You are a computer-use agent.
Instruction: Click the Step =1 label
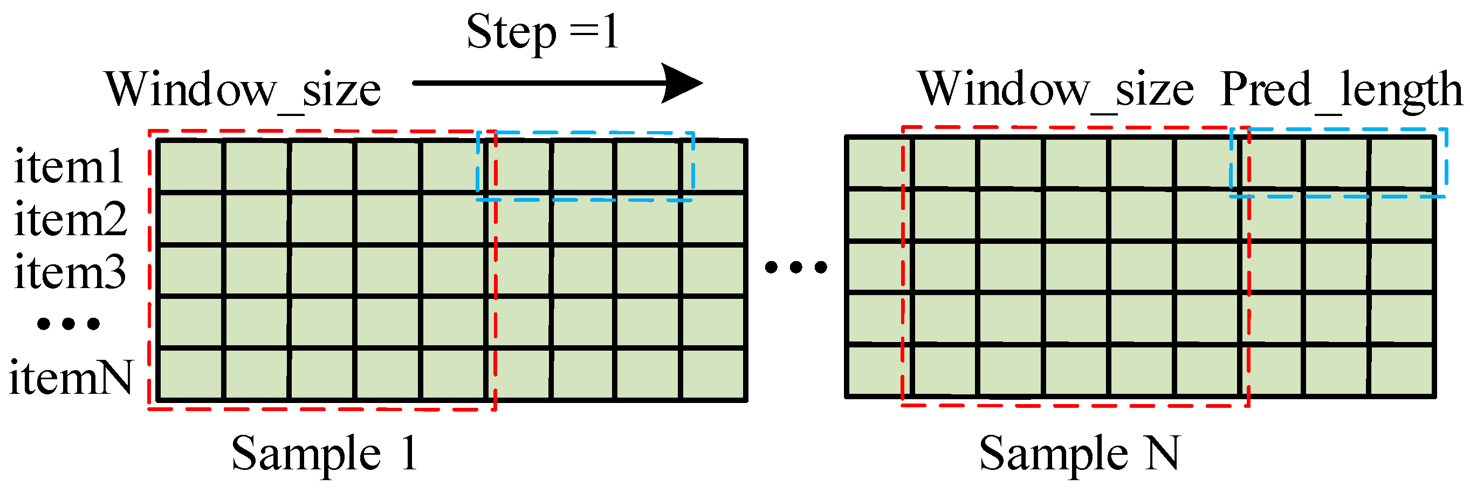click(x=542, y=33)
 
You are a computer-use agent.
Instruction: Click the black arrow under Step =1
click(x=557, y=83)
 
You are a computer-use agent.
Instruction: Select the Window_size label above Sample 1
click(x=243, y=90)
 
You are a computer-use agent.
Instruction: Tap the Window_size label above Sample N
click(x=1056, y=90)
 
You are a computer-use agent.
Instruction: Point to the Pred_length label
click(x=1341, y=90)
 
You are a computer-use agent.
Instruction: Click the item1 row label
click(x=68, y=167)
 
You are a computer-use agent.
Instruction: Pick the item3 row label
click(x=70, y=272)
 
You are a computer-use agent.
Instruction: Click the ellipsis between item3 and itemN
click(x=68, y=324)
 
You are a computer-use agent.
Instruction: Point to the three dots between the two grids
click(x=796, y=266)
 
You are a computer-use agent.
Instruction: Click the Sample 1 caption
click(x=324, y=454)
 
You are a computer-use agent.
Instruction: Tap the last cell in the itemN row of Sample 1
click(x=713, y=374)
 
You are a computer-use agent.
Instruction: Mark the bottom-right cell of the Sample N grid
click(x=1402, y=370)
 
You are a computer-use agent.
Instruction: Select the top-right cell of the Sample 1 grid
click(x=713, y=166)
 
